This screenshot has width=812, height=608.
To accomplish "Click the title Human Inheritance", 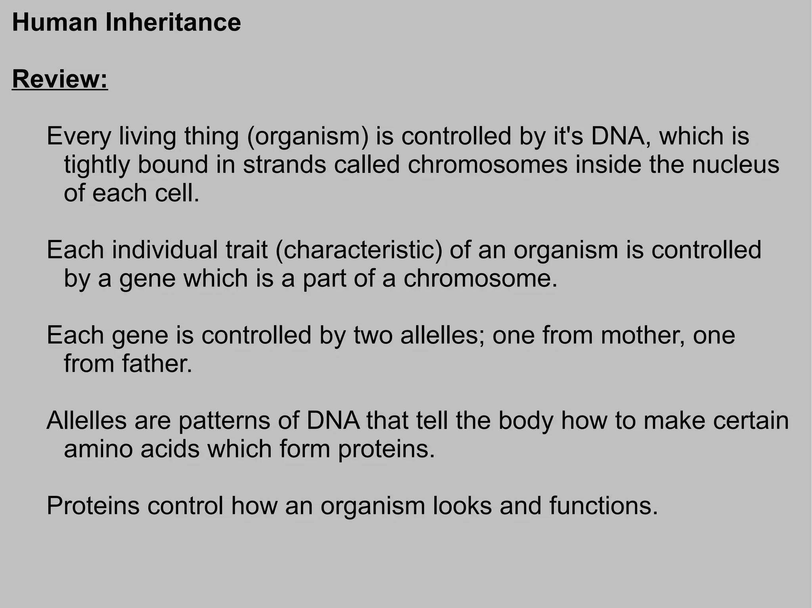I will click(126, 23).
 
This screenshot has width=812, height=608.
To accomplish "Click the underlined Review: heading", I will click(60, 79).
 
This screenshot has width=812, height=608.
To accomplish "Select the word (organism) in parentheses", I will click(308, 136).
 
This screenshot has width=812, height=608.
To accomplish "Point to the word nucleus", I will click(735, 165).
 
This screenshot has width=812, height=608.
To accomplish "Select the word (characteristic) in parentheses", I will click(358, 250).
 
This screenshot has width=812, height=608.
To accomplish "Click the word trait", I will click(246, 250).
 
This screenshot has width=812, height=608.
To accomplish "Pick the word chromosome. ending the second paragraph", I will click(481, 278).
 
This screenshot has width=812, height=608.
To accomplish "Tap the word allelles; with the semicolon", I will click(442, 335).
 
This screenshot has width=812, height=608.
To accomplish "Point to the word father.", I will click(157, 364).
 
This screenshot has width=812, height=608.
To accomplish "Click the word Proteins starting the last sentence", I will click(93, 506).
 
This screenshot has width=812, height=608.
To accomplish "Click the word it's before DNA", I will click(567, 136).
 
